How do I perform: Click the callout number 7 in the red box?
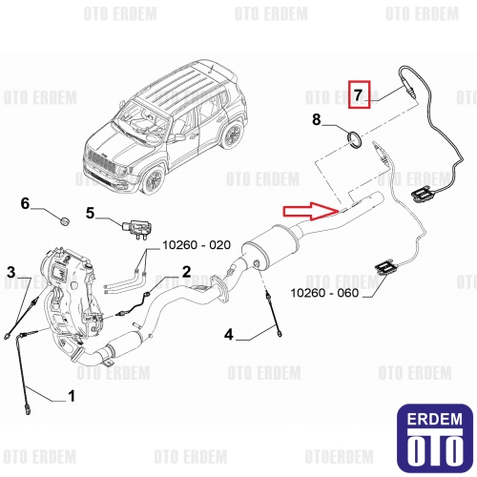click(359, 94)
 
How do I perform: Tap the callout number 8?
click(317, 120)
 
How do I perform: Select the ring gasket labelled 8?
click(354, 140)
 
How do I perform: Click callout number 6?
click(25, 203)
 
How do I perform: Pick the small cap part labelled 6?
click(65, 221)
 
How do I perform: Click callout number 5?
click(91, 213)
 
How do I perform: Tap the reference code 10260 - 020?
click(197, 245)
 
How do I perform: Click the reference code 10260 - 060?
click(324, 293)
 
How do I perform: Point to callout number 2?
click(186, 272)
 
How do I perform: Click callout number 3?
click(11, 272)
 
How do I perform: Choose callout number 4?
click(229, 335)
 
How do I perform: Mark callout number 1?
click(72, 396)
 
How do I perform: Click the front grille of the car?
click(100, 161)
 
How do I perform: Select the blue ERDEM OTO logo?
click(435, 438)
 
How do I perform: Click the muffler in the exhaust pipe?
click(271, 246)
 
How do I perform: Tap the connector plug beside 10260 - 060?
click(384, 267)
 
